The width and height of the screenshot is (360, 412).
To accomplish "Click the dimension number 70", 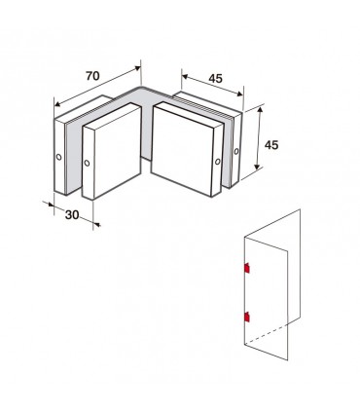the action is point(92,76).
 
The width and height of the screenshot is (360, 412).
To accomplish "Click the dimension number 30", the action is point(72,214).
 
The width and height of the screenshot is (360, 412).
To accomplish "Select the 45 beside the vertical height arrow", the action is point(271,145).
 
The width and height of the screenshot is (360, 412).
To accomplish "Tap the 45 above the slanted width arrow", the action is point(216,78).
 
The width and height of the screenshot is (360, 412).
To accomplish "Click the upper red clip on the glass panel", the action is point(247,268).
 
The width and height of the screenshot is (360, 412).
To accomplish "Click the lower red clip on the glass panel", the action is point(247,317).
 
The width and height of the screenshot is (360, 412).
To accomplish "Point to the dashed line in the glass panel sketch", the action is point(266,334).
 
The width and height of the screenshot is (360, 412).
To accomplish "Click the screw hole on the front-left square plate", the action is point(87,163).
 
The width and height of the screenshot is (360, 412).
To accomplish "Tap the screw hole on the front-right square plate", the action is point(218,162).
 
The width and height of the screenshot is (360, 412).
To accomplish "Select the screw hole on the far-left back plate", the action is point(58,157).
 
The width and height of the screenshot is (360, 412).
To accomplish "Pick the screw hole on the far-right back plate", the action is point(236,151).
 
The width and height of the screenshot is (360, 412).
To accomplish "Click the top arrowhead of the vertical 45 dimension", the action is point(260,110).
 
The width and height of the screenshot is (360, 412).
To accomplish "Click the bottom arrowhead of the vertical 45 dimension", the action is point(257,167).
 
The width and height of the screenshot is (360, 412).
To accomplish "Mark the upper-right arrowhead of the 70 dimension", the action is point(138,68).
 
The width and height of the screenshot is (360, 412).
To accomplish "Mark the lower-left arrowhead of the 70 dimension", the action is point(57,104).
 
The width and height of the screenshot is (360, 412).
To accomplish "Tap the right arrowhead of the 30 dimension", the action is point(97,224).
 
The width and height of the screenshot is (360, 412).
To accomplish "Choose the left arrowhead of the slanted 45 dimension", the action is point(185,77).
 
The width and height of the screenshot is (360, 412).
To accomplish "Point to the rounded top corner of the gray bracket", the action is point(142,88).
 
